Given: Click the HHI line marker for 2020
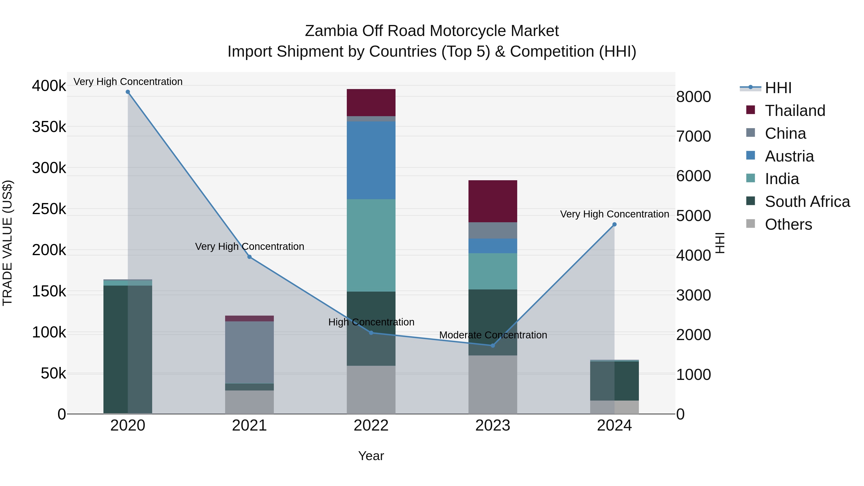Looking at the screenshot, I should tap(128, 92).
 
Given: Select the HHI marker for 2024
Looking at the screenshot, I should tap(614, 224).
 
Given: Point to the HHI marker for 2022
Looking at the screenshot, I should tap(371, 333).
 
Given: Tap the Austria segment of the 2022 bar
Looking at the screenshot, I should tap(371, 160).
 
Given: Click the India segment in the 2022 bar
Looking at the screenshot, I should tap(371, 245).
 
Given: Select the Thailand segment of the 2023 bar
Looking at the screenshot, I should tap(493, 201).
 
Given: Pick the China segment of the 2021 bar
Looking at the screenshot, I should tap(249, 352).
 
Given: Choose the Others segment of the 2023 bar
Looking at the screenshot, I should tap(493, 384).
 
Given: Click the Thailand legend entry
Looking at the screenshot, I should tap(795, 111).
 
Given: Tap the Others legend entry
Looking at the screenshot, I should tap(788, 224).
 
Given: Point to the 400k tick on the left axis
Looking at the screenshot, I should tap(49, 86).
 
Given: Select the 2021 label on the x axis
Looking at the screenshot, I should tap(249, 426).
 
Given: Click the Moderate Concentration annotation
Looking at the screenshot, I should tap(493, 335).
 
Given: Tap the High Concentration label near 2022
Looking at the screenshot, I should tap(371, 322).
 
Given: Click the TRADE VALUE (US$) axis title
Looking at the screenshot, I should tap(8, 243).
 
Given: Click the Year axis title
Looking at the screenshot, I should tap(371, 456).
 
